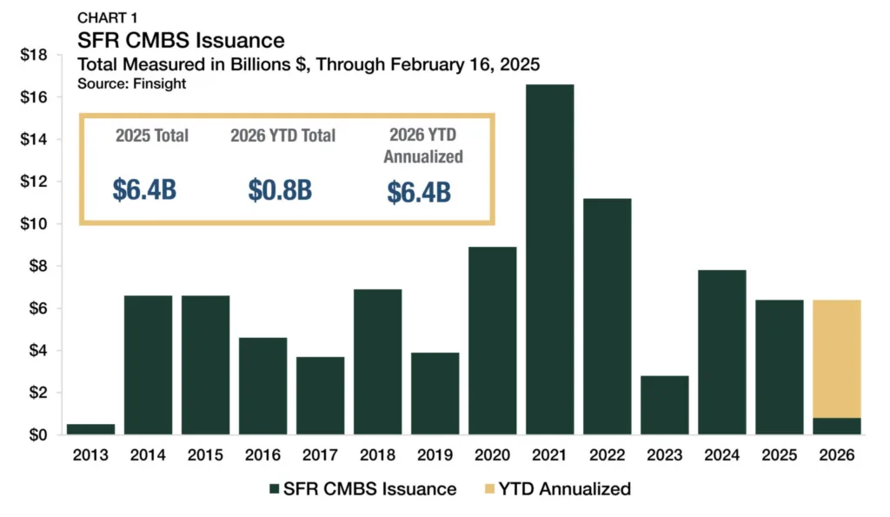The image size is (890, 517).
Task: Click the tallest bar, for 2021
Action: click(x=548, y=261)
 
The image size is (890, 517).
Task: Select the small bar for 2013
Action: click(x=90, y=429)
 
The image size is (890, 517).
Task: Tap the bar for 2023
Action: click(x=664, y=405)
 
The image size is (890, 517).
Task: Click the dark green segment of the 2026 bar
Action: click(x=837, y=427)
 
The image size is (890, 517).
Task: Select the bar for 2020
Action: click(x=491, y=341)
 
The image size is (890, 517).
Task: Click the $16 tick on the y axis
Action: click(x=35, y=97)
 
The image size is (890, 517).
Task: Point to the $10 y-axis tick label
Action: click(x=35, y=224)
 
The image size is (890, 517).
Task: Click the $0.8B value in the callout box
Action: click(x=282, y=190)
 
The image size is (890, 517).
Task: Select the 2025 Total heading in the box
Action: click(x=152, y=136)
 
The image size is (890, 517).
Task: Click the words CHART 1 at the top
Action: click(x=106, y=17)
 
